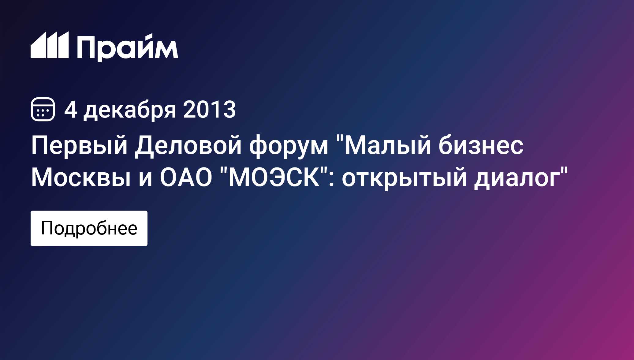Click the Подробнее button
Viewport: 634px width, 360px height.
click(x=89, y=228)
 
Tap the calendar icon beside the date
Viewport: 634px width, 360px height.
click(x=43, y=109)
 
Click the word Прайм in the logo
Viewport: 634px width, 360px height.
click(x=127, y=47)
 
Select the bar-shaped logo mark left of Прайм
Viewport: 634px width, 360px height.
click(x=50, y=45)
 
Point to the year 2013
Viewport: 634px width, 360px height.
click(x=210, y=109)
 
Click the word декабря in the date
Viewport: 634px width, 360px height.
click(x=130, y=110)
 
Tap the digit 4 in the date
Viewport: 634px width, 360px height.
click(x=71, y=109)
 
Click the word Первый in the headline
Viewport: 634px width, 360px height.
click(x=79, y=145)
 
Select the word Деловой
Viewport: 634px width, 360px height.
click(x=188, y=145)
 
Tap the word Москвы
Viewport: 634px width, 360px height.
click(x=81, y=178)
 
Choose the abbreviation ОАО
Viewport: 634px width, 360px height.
click(x=186, y=178)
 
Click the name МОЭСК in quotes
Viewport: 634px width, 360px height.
click(x=274, y=178)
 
